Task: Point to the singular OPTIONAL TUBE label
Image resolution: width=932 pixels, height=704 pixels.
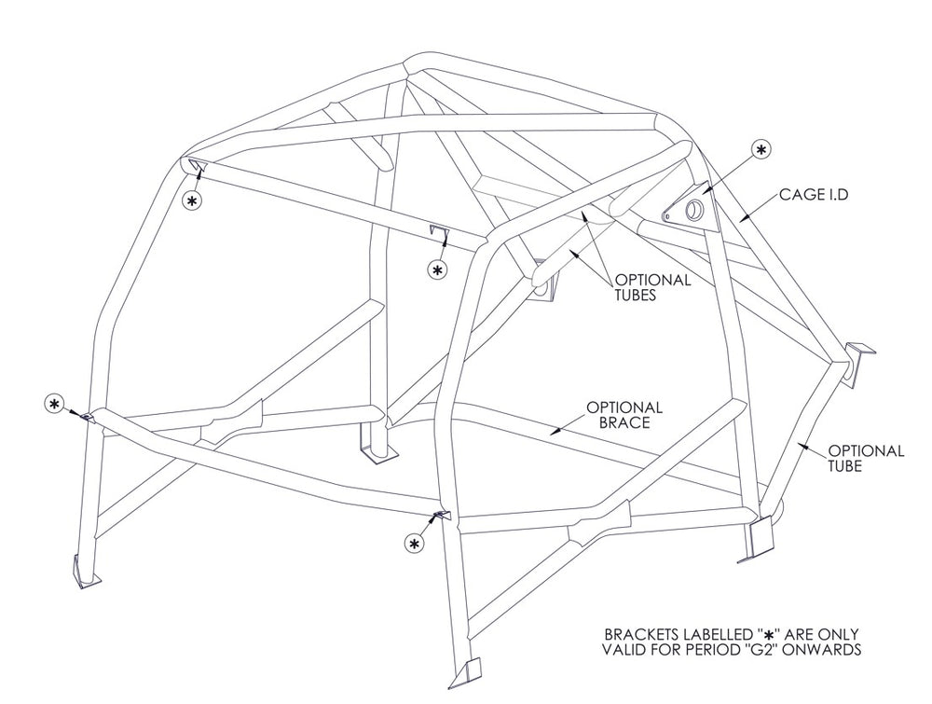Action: [x=866, y=459]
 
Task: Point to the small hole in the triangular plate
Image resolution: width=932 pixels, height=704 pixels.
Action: [x=667, y=216]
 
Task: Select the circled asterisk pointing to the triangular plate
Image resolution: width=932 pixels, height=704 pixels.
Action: [x=761, y=149]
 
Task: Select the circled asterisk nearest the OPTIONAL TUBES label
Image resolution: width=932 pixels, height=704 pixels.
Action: [x=436, y=269]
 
